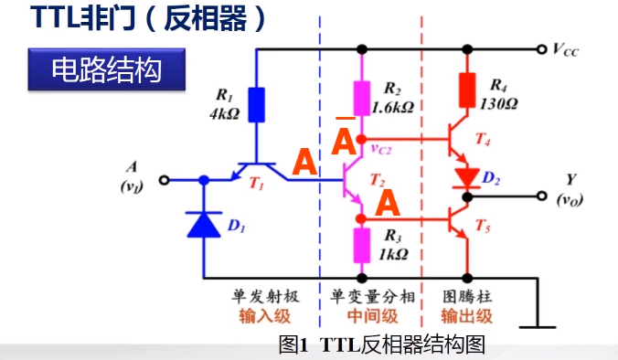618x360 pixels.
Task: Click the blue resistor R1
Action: [x=256, y=103]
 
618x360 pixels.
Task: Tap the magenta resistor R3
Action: [x=363, y=245]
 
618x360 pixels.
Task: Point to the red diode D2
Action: [x=466, y=175]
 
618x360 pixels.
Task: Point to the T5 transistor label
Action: [x=484, y=227]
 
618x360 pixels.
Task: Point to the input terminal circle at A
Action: [x=165, y=180]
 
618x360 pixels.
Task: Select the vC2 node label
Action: [x=383, y=148]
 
